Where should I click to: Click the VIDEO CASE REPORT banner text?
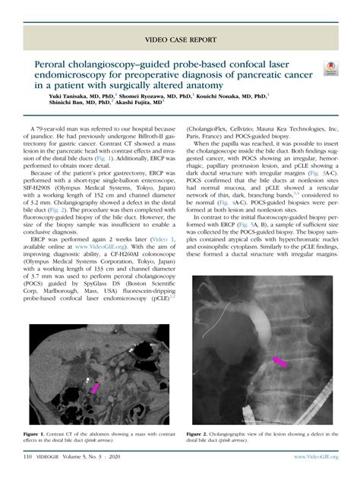tap(180, 37)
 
